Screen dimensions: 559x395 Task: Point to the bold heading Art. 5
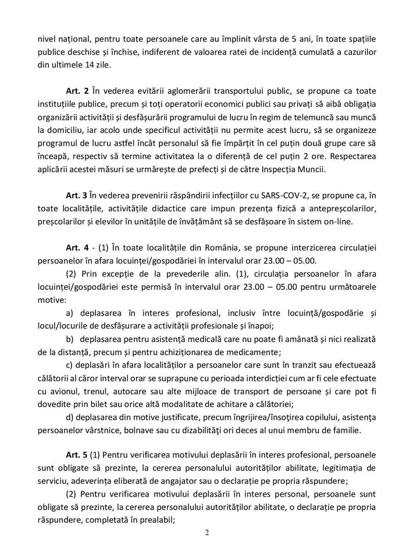pyautogui.click(x=77, y=453)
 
